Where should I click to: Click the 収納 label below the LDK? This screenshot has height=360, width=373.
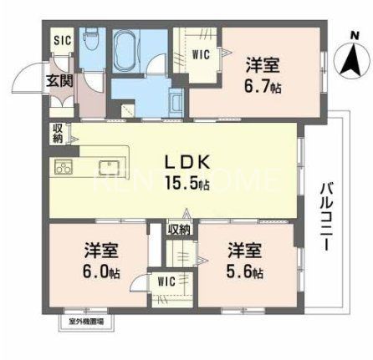point(177,229)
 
